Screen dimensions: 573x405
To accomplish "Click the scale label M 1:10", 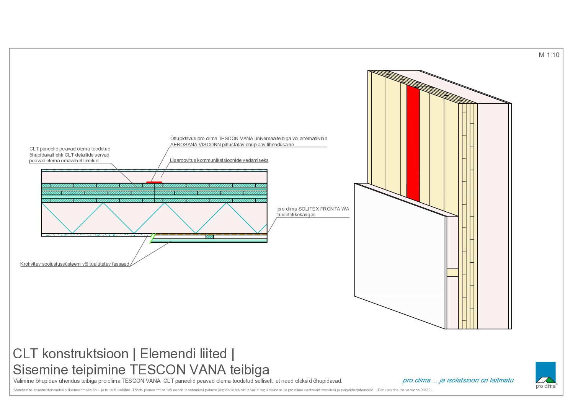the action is [x=549, y=55].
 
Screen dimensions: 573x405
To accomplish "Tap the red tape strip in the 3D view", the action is [x=413, y=143].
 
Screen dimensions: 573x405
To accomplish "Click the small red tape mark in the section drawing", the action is [x=154, y=183].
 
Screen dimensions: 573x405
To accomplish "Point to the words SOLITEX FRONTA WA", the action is [x=323, y=209].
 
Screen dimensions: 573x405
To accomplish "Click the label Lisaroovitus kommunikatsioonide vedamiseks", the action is [x=219, y=160].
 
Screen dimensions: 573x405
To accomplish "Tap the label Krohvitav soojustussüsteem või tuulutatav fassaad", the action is [x=75, y=264].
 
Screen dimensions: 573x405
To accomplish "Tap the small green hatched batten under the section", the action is [x=210, y=237].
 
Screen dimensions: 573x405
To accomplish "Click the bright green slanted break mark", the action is [x=152, y=238].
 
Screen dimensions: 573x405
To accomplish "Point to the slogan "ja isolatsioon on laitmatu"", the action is [x=476, y=381].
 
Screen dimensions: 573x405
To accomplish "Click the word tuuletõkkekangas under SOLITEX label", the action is [x=297, y=215].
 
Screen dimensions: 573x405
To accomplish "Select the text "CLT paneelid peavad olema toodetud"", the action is [x=70, y=149].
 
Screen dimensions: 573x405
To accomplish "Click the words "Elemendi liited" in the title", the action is [x=183, y=354].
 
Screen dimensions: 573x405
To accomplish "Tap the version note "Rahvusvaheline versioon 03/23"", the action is [x=404, y=390].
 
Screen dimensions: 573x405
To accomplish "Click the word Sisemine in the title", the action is [x=41, y=370].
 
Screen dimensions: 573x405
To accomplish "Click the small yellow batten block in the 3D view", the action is [x=452, y=273].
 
